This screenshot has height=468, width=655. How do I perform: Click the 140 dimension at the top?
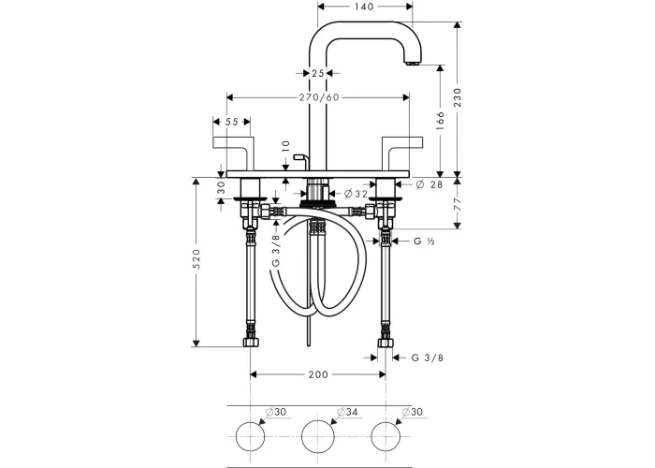(x=363, y=7)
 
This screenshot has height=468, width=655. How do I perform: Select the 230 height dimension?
(x=458, y=97)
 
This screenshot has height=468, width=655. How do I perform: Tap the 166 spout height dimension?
(x=441, y=121)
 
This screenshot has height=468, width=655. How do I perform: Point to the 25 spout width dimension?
(x=317, y=73)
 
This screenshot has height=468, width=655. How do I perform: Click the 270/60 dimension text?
(x=319, y=97)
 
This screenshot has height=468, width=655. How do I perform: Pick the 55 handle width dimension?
(x=231, y=122)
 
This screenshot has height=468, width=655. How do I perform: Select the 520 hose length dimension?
(x=196, y=258)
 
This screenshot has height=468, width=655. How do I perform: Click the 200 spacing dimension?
(x=318, y=374)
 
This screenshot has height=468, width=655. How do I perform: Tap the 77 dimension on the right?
(x=458, y=204)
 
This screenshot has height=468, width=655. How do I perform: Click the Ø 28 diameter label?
(x=429, y=184)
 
